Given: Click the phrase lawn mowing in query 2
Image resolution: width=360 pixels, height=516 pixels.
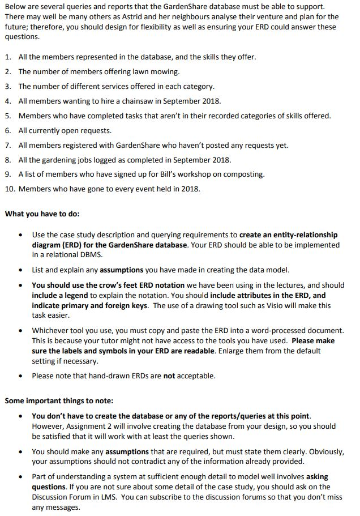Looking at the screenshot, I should [x=159, y=72].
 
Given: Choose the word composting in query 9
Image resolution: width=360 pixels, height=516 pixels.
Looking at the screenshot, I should [x=245, y=174].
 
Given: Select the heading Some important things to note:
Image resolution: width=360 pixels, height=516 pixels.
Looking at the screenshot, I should [x=59, y=400].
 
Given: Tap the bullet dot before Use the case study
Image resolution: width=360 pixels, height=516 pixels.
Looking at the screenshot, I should [x=20, y=234].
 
